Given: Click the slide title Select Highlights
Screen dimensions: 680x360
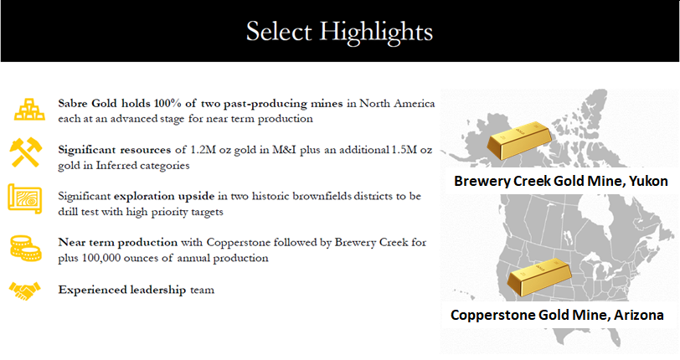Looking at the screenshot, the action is [x=339, y=32].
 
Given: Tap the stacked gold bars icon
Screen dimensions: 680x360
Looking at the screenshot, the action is [x=29, y=110].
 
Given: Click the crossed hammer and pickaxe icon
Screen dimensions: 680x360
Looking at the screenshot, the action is [x=26, y=152].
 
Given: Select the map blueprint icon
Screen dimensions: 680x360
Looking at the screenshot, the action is [x=25, y=198].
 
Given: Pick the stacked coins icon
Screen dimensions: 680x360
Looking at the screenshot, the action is [x=26, y=248].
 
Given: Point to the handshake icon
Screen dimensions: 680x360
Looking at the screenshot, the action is [x=25, y=291].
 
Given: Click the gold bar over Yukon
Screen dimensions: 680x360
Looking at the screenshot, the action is [x=519, y=140].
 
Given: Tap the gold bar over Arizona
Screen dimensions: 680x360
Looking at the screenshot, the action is [x=539, y=277].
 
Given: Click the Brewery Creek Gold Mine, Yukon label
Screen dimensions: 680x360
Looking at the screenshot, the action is [x=561, y=181].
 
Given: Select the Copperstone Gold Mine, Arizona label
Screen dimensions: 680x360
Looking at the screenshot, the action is [x=557, y=315].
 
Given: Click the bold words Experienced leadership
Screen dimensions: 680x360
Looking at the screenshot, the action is [x=122, y=290].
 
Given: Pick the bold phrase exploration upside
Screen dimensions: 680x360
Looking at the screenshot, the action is [x=164, y=197].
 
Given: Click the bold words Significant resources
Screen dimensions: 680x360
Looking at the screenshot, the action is [x=115, y=151].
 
